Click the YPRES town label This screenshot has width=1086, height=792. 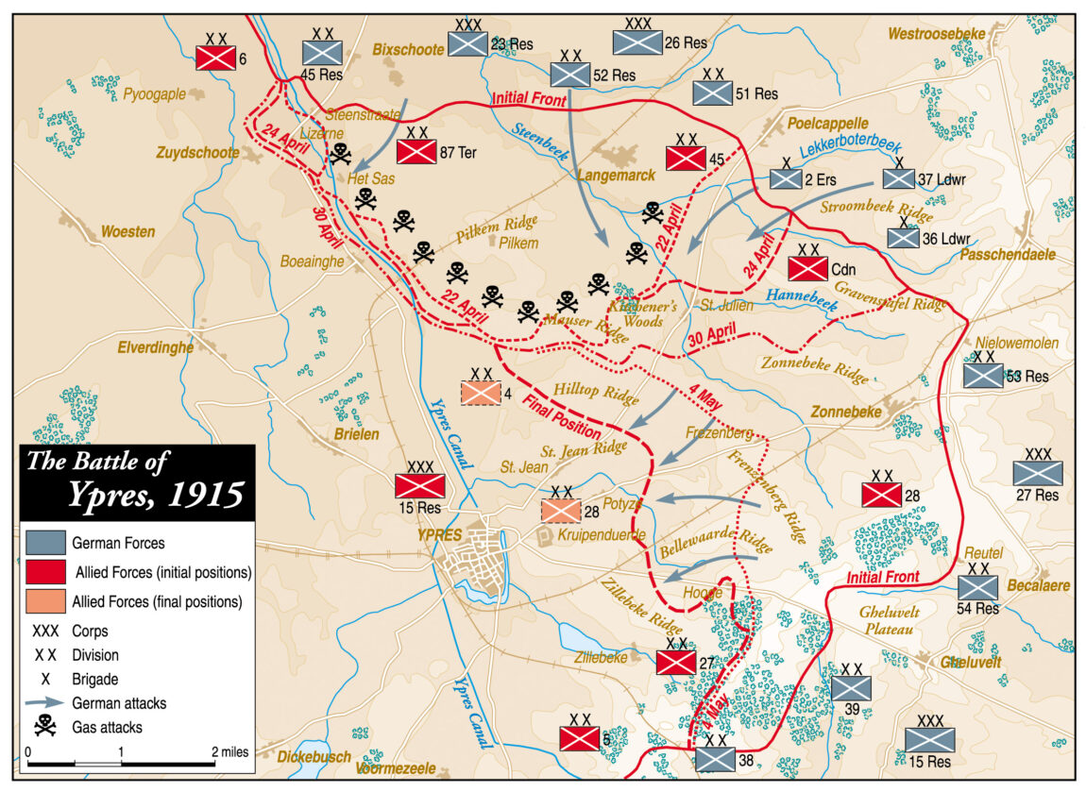(439, 535)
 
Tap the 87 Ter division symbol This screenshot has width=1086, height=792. (416, 152)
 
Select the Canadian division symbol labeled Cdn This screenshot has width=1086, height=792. (807, 268)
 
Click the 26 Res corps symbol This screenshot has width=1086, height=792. (637, 42)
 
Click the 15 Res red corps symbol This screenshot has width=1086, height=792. (420, 485)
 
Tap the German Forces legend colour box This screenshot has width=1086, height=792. (46, 543)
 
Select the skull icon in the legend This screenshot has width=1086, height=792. (45, 726)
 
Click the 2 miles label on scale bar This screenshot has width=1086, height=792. (230, 752)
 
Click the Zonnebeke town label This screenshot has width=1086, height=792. (845, 413)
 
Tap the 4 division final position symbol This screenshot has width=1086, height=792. (481, 393)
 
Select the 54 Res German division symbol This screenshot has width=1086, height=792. (977, 587)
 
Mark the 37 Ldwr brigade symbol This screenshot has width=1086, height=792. (899, 178)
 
